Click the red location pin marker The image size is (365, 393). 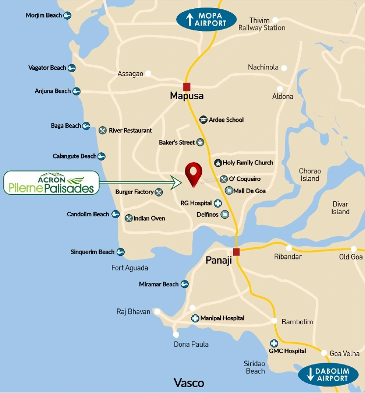[194, 173]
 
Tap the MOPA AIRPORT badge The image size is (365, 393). [207, 19]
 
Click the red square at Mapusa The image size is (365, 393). [186, 86]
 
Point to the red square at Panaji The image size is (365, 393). [236, 252]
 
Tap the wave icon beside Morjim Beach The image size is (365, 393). [68, 15]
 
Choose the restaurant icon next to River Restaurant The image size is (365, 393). [103, 130]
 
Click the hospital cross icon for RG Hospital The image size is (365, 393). [217, 203]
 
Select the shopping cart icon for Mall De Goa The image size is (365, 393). [229, 191]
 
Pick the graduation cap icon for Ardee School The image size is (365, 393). [203, 120]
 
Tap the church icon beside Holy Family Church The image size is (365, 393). [218, 163]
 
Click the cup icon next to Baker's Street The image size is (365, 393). [200, 142]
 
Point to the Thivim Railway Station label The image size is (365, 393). [261, 24]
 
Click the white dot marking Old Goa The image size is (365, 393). [354, 249]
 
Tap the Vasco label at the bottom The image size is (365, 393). [189, 383]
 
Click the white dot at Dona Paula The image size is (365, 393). [176, 334]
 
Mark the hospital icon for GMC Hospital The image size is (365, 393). [273, 343]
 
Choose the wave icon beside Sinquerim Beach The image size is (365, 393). [120, 252]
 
